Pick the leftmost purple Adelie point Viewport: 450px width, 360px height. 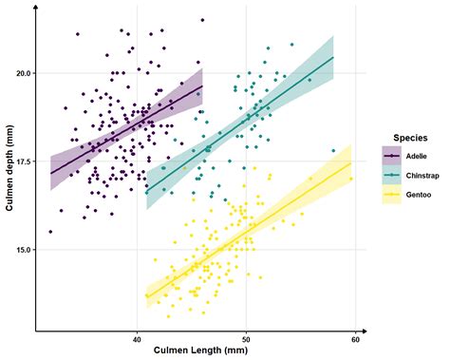click(50, 232)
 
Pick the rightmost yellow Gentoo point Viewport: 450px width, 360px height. click(351, 179)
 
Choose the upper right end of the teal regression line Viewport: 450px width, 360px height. click(333, 57)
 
